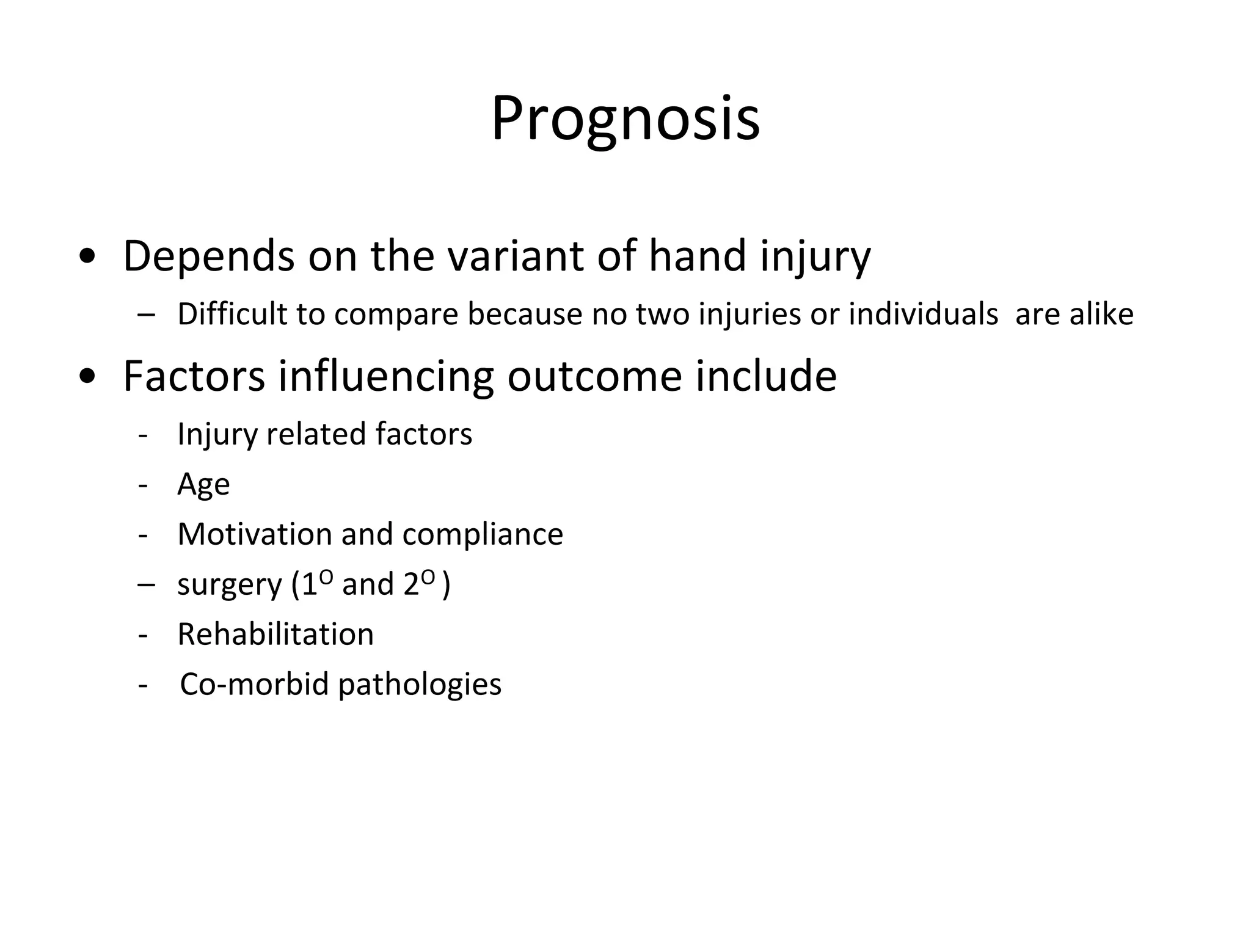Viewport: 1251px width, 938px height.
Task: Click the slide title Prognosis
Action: pyautogui.click(x=625, y=119)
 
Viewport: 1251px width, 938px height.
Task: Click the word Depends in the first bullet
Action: pyautogui.click(x=208, y=256)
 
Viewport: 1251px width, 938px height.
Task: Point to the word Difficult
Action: pyautogui.click(x=232, y=314)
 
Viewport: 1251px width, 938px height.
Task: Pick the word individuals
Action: pyautogui.click(x=923, y=314)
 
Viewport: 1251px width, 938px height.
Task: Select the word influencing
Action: pyautogui.click(x=385, y=376)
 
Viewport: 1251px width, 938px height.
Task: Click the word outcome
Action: pyautogui.click(x=594, y=376)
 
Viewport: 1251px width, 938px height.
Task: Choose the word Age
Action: pyautogui.click(x=203, y=485)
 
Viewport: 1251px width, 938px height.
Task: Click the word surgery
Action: pyautogui.click(x=230, y=585)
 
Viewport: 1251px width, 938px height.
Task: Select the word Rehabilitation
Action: pyautogui.click(x=275, y=634)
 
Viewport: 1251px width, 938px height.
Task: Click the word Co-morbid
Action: pyautogui.click(x=254, y=684)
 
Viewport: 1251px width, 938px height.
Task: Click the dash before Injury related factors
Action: pyautogui.click(x=144, y=435)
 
